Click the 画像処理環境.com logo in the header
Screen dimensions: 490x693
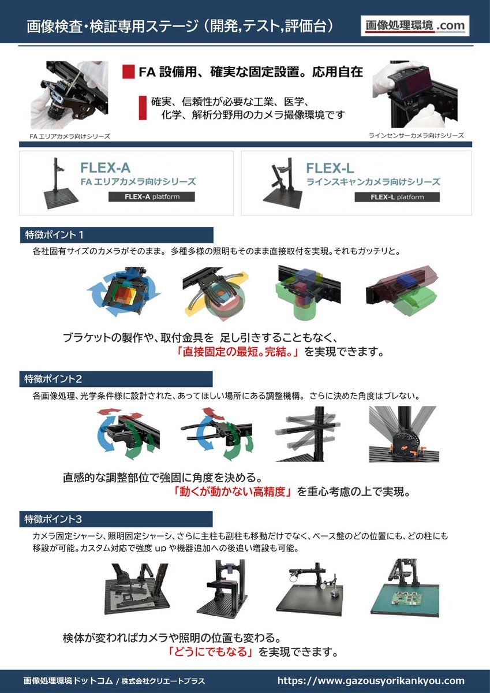pos(415,25)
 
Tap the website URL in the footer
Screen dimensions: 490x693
pos(371,681)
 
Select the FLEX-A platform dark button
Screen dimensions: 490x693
pos(151,197)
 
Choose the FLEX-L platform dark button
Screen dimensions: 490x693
pos(397,197)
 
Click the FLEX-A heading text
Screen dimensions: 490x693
pos(105,168)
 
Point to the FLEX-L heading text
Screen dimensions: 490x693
pos(330,168)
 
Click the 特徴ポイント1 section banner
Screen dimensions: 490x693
pos(116,235)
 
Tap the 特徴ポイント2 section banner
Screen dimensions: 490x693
pos(116,379)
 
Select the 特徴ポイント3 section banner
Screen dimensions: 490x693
pos(116,519)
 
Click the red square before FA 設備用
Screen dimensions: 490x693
pos(129,72)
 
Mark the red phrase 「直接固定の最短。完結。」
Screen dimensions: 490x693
pos(238,352)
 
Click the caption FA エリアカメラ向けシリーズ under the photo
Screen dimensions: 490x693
pos(70,136)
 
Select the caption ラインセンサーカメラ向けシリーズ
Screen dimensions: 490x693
pos(416,135)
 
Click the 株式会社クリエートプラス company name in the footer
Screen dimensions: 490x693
pos(163,681)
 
